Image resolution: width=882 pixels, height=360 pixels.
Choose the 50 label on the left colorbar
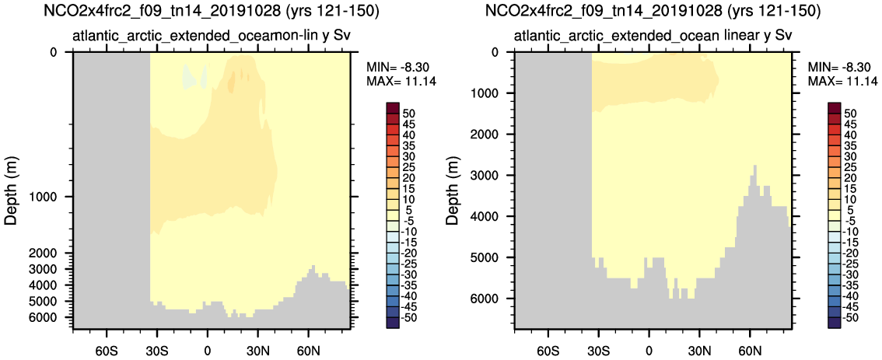coord(408,114)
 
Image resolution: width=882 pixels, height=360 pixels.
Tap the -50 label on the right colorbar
coord(852,317)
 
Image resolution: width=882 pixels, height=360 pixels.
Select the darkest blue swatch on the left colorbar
coord(393,323)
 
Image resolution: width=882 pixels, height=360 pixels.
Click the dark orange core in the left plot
coord(231,83)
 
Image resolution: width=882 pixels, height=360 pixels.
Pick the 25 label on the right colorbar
coord(851,167)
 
